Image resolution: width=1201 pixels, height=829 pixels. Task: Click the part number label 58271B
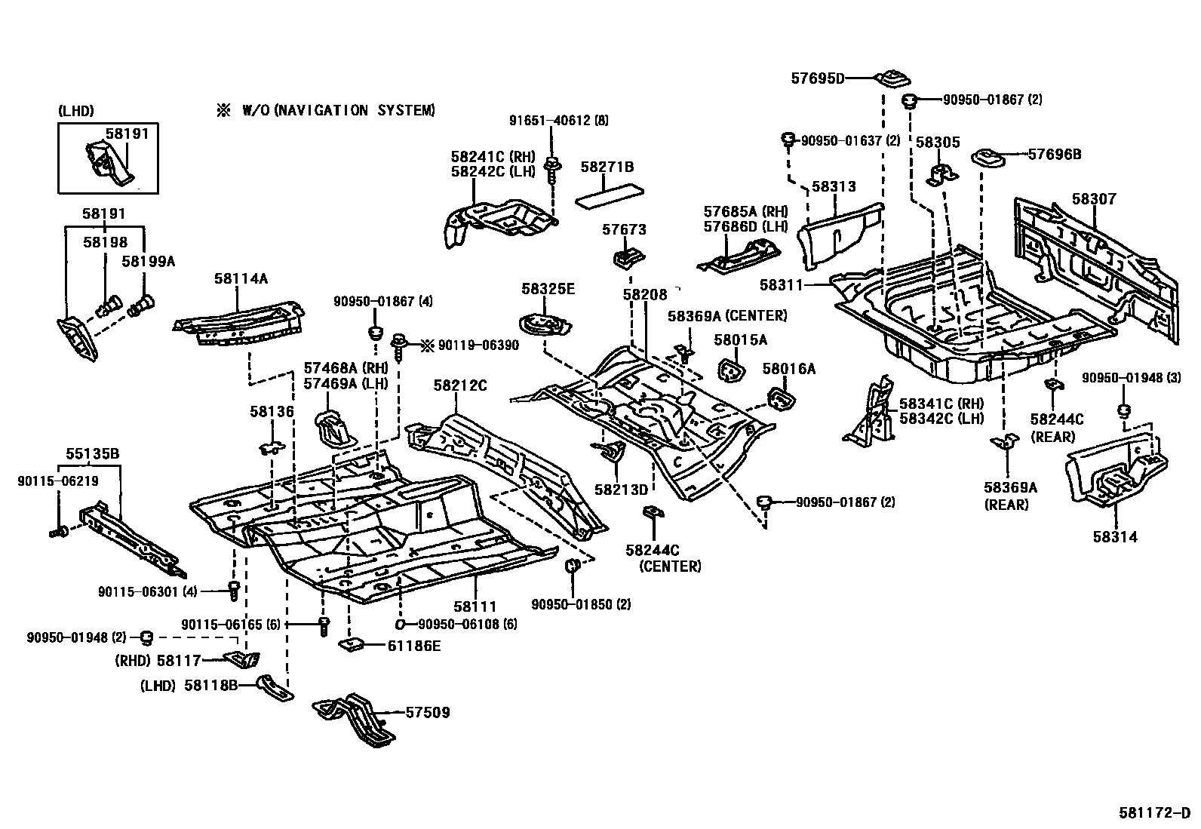tap(607, 167)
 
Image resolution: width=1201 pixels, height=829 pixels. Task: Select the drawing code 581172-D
tap(1153, 813)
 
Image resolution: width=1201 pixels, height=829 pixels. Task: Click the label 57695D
tap(818, 78)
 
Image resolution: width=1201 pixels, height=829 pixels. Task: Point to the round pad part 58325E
tap(542, 324)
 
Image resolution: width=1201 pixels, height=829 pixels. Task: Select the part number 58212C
tap(459, 385)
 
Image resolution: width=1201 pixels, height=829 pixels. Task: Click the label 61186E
tap(414, 646)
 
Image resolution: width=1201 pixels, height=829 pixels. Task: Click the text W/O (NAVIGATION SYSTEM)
tap(338, 111)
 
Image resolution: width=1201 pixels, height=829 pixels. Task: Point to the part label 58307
tap(1093, 199)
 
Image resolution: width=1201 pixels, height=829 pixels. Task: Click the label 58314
tap(1114, 537)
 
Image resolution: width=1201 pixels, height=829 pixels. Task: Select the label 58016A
tap(789, 369)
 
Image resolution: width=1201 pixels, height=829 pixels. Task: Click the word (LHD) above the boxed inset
tap(75, 111)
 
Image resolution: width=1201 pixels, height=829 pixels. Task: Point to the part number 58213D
tap(621, 490)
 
